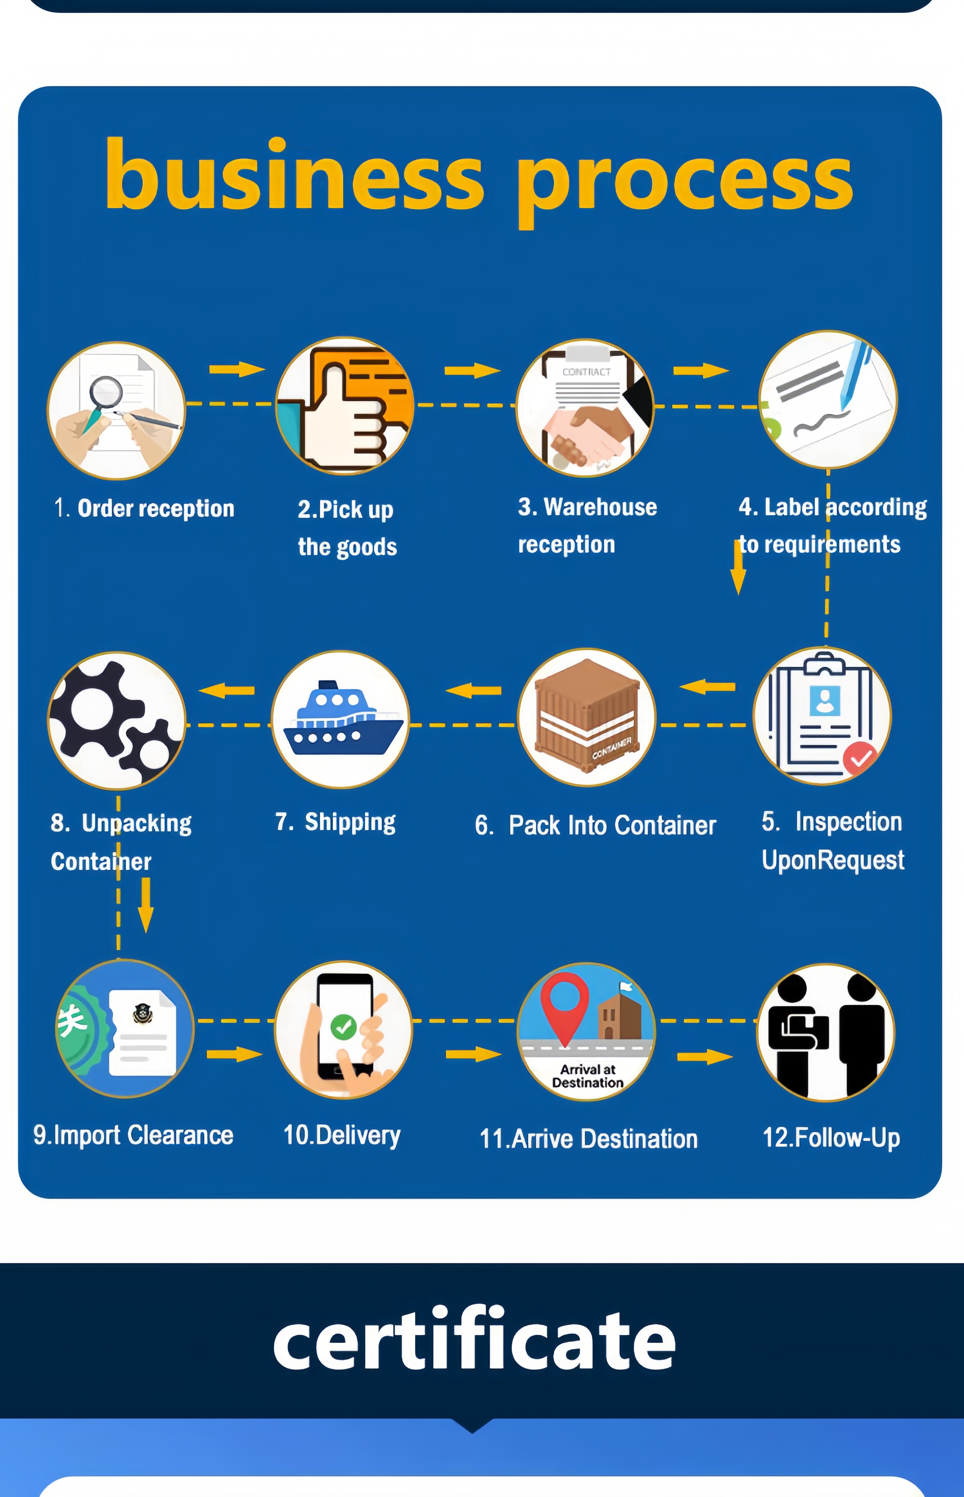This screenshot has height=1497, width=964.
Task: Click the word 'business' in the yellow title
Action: (x=294, y=175)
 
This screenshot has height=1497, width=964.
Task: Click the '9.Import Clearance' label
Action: (x=133, y=1135)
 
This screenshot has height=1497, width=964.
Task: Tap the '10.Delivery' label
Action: (x=342, y=1135)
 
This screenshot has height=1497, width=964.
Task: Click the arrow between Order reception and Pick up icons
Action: (x=237, y=369)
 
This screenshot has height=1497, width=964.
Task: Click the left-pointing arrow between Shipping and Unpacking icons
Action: (x=227, y=690)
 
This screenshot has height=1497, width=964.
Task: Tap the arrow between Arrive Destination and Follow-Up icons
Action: (x=705, y=1057)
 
